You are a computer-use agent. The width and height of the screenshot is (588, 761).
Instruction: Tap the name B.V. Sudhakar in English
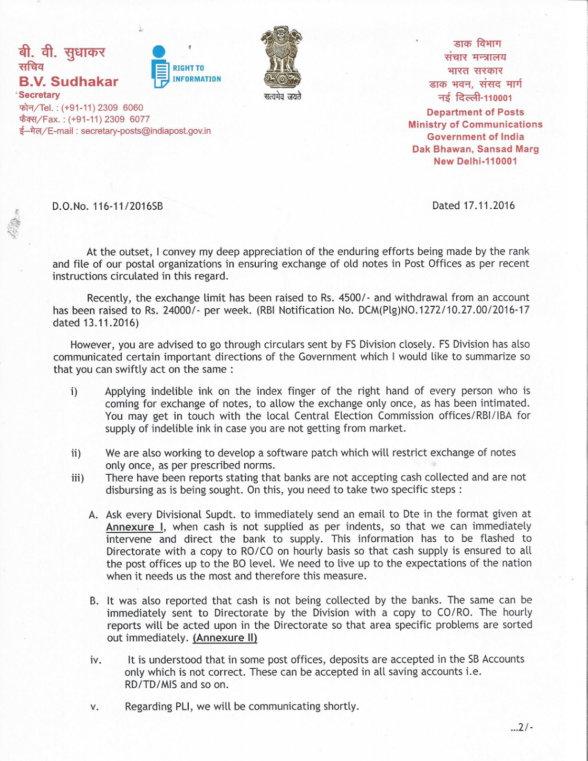(x=68, y=82)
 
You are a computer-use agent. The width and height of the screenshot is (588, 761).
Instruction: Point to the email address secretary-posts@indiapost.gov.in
(x=145, y=131)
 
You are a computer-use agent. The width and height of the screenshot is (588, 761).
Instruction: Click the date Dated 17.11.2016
(x=473, y=205)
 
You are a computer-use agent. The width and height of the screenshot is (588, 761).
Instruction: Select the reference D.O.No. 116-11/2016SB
(x=107, y=206)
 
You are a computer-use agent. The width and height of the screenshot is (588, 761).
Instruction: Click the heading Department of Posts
(x=475, y=112)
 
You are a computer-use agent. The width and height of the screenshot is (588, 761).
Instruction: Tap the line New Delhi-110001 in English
(x=475, y=161)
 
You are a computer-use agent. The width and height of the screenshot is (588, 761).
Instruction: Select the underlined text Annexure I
(x=135, y=527)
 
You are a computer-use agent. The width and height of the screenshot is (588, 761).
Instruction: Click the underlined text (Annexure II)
(x=225, y=638)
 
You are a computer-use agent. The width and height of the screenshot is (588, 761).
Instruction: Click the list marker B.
(x=94, y=601)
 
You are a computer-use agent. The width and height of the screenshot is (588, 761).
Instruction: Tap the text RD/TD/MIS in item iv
(x=151, y=684)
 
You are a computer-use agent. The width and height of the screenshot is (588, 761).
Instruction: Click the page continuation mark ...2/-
(x=521, y=727)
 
